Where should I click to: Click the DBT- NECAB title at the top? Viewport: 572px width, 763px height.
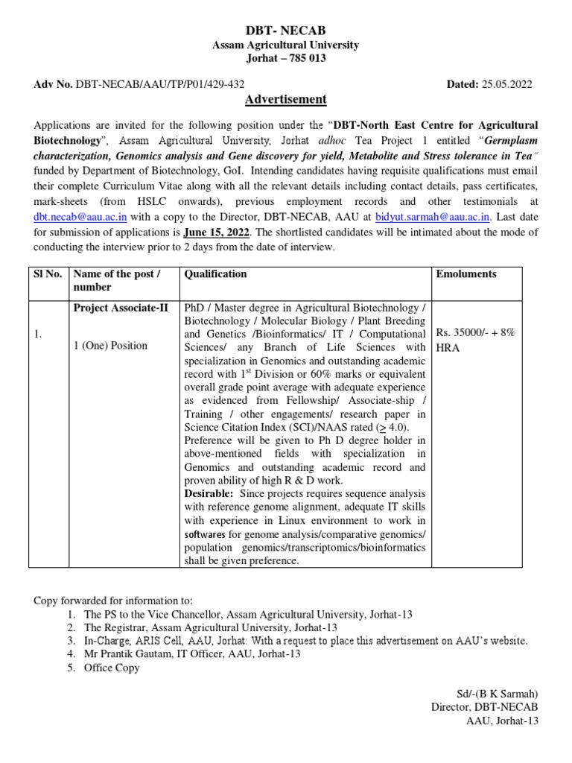[286, 31]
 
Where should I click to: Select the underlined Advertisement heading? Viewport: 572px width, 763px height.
[286, 99]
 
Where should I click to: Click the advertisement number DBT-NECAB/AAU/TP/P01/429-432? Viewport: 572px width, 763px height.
[160, 84]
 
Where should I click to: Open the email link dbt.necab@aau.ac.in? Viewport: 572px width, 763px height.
[80, 216]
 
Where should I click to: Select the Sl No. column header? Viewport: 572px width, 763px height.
[50, 274]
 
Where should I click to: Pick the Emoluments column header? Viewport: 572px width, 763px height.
[466, 274]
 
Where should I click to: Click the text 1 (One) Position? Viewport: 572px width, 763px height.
[110, 345]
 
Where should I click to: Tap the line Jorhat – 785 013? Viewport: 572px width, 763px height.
[286, 59]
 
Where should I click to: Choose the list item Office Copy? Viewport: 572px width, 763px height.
[112, 668]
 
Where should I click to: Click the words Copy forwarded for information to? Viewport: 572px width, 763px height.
[113, 600]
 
